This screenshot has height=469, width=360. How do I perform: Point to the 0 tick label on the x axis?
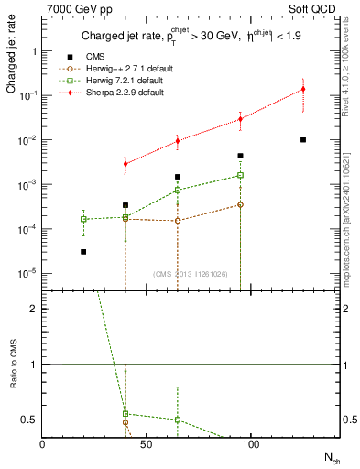tap(42, 443)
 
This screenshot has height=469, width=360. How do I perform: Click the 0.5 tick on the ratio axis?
tap(29, 420)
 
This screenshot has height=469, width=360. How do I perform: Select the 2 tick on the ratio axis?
tap(33, 309)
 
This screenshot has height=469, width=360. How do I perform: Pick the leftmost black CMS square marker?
tap(83, 252)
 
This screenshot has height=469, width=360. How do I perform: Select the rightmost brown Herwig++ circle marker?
tap(240, 204)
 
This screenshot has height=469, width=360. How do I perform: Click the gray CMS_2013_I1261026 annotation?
tap(191, 274)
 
